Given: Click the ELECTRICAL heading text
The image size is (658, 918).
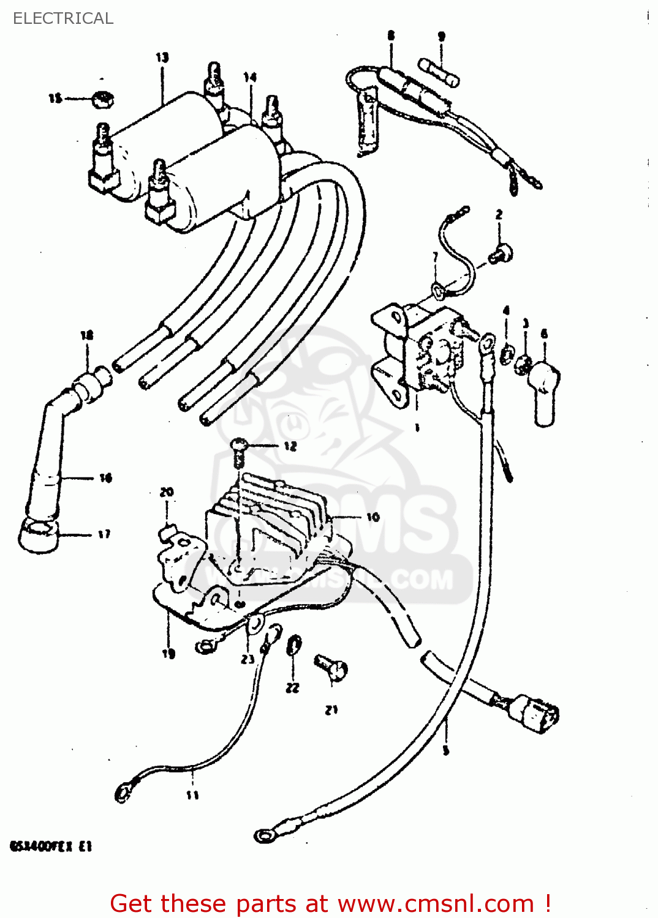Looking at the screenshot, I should coord(63,18).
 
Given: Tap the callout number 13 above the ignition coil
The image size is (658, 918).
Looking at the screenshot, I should coord(162,58).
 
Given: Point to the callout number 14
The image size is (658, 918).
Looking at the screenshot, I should coord(250,77).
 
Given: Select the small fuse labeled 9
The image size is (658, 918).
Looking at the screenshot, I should coord(439,72).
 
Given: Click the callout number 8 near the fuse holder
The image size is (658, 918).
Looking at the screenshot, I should coord(391,35).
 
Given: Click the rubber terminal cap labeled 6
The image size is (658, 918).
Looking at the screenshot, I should coord(544,392).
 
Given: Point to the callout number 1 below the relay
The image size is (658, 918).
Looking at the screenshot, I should coord(417,428).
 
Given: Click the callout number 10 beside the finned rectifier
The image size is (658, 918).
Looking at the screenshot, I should coord(372,517).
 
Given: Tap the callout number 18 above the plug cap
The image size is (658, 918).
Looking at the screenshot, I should coord(87,335).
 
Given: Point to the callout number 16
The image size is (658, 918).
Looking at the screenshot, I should coord(106,478).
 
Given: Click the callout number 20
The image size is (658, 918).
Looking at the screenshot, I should coord(167,492).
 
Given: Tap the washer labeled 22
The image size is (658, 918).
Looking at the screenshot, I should coord(294,646).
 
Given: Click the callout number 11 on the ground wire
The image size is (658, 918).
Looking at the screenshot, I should coord(192,795).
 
